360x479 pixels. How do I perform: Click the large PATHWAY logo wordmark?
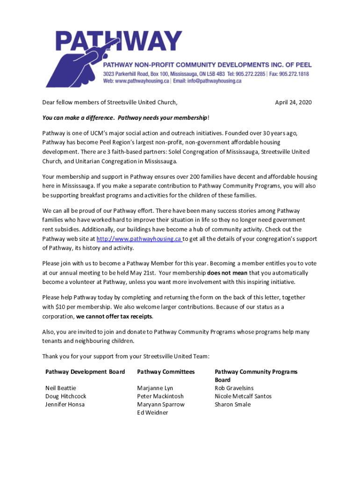click(119, 41)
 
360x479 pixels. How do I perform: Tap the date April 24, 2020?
click(293, 102)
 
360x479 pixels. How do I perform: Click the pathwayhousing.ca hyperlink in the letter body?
click(139, 239)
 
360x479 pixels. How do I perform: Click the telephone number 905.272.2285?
click(249, 74)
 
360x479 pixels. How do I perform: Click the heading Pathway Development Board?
click(85, 372)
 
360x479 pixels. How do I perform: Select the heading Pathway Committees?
click(166, 372)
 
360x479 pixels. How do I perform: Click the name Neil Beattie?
click(61, 388)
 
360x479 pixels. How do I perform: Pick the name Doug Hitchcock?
click(65, 396)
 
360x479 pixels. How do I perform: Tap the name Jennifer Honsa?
click(65, 404)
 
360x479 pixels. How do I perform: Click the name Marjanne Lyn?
click(155, 388)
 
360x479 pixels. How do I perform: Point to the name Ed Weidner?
click(152, 413)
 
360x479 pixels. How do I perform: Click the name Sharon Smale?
click(232, 404)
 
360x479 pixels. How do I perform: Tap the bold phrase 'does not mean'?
click(227, 273)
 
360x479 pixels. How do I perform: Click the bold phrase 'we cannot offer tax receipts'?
click(114, 317)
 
